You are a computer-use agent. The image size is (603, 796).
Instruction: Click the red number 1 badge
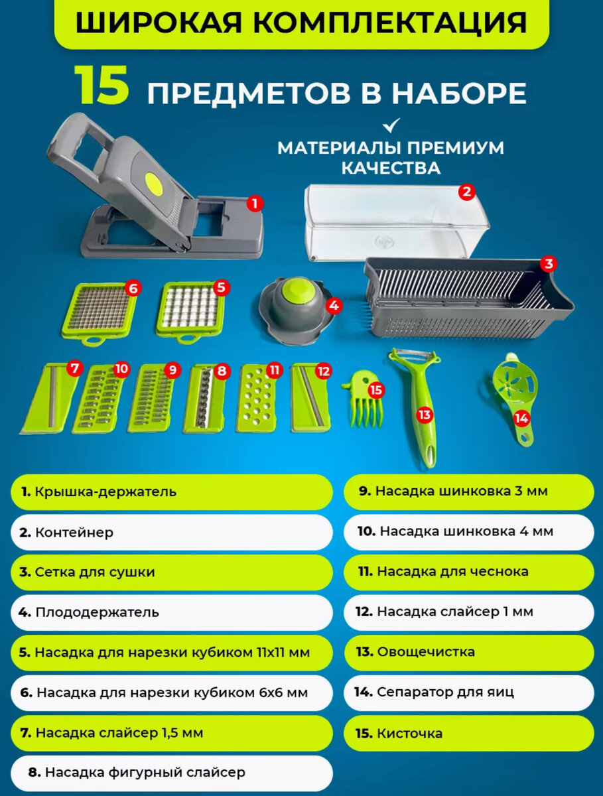[x=255, y=204]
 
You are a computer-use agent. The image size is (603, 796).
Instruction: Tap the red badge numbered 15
[x=376, y=390]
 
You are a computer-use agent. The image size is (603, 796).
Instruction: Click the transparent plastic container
[x=395, y=222]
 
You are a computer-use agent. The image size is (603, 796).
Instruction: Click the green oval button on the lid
[x=153, y=183]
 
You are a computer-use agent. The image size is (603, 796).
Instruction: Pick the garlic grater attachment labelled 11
[x=257, y=398]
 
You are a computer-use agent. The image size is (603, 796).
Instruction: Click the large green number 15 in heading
[x=102, y=86]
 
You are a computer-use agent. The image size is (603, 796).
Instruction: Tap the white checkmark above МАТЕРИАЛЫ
[x=391, y=125]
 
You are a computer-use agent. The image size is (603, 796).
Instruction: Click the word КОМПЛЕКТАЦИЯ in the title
[x=390, y=23]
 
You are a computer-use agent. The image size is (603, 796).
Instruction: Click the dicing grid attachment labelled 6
[x=99, y=314]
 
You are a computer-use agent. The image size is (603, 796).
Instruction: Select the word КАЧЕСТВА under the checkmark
[x=391, y=168]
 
